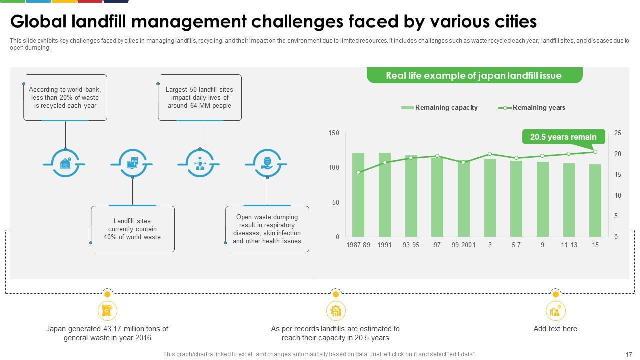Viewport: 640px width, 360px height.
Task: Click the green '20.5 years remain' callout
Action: [x=563, y=137]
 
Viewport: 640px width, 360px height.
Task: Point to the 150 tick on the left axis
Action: [x=334, y=133]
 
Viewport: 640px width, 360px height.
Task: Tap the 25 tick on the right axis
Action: [x=618, y=133]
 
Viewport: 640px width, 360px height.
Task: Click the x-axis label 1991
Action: [x=384, y=245]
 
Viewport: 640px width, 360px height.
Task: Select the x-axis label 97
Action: [x=437, y=245]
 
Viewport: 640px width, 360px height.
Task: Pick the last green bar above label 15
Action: [x=595, y=200]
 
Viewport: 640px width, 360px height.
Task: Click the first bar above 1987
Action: [x=358, y=195]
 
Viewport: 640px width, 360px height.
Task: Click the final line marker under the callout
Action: [x=595, y=151]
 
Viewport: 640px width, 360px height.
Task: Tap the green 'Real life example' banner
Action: [x=474, y=76]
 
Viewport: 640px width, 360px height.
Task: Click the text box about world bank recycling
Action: [x=65, y=98]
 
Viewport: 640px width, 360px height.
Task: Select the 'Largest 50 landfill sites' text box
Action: [x=200, y=98]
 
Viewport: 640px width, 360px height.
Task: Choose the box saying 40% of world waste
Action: [x=132, y=229]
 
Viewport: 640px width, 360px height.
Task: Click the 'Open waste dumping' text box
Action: [x=267, y=229]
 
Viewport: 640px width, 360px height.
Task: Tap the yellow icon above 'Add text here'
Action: [x=555, y=311]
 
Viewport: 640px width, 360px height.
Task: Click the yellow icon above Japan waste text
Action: [x=107, y=311]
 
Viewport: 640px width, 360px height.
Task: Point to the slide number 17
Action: [x=629, y=354]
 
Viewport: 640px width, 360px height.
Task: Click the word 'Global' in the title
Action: [x=39, y=22]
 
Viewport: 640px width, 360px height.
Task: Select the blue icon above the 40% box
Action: [x=132, y=163]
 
